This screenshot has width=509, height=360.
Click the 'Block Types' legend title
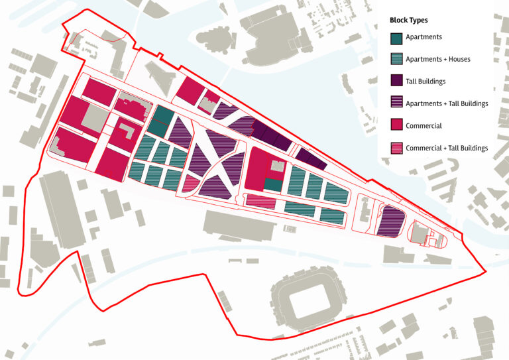(409, 21)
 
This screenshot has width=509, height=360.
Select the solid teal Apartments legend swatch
(396, 38)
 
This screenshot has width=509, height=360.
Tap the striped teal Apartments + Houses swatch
(396, 59)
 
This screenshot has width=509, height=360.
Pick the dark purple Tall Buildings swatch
(396, 81)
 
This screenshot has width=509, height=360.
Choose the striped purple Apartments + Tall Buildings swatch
(396, 103)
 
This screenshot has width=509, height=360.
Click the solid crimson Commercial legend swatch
(396, 125)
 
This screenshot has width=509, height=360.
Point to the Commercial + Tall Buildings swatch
(396, 148)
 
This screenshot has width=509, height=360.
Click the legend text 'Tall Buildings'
(425, 82)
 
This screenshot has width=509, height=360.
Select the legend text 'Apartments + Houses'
(437, 59)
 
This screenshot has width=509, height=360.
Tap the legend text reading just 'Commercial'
(424, 126)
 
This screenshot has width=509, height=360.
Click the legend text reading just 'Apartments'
(424, 38)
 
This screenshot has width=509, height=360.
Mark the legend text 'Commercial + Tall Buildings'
(447, 148)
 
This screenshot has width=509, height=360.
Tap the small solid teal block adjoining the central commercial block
(272, 185)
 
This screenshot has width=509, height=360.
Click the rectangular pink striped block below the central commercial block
(260, 200)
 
